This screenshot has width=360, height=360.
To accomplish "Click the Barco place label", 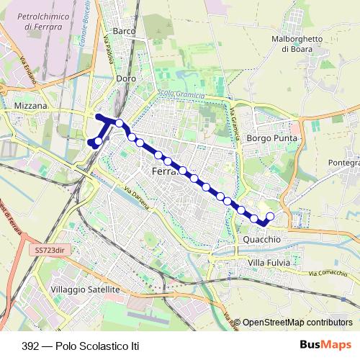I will [125, 32].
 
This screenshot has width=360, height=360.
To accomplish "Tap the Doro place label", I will [126, 78].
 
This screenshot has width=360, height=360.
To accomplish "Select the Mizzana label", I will [30, 105].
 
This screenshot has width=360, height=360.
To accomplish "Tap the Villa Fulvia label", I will [269, 264].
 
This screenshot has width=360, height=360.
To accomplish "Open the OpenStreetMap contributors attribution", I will [297, 323].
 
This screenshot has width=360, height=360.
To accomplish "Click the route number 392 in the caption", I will [31, 346].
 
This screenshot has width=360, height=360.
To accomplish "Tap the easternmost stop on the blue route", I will [271, 216].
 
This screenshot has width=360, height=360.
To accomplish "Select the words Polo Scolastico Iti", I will [100, 346].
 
